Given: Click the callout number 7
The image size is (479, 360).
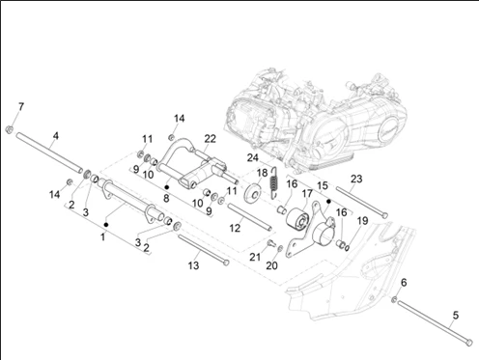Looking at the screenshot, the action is coord(21,106).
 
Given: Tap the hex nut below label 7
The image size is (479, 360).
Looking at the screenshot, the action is coord(10,129).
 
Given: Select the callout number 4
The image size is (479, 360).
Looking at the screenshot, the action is coord(56,136).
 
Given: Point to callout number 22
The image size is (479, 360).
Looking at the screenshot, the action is coord(210,139).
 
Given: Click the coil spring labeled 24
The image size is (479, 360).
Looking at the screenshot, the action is coord(274,182).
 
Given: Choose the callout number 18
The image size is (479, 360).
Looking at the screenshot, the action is coord(263,173).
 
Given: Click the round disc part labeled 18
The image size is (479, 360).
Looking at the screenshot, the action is coord(252,193).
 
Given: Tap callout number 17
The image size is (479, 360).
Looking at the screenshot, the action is coord(307,193).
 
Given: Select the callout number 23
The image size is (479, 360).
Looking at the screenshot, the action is coord(356,179).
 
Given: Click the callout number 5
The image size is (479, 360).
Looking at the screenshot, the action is coord(456,316).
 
